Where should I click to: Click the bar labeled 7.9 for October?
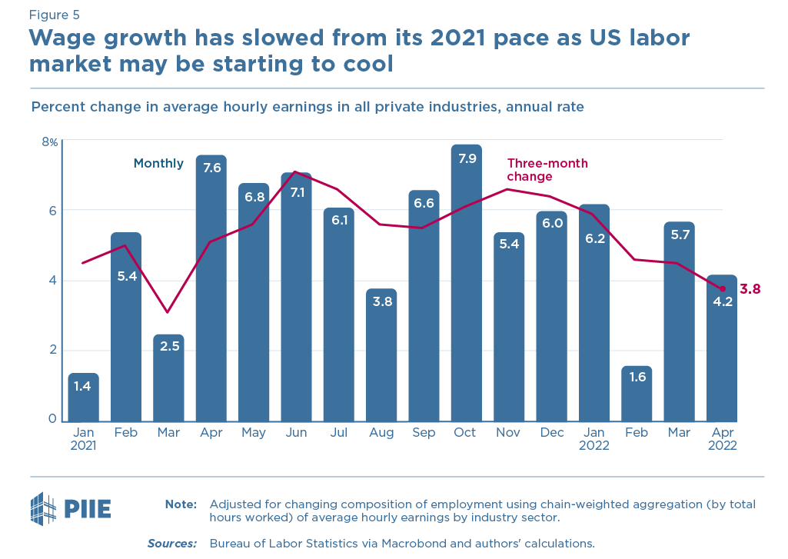point(466,284)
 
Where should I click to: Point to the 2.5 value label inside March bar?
point(168,346)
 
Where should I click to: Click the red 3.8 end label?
point(750,289)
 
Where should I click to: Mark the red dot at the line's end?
point(722,288)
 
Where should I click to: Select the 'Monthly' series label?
point(158,163)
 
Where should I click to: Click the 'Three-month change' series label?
point(547,169)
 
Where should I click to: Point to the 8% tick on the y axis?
point(50,141)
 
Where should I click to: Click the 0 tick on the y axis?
point(53,419)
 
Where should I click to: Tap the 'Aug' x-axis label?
point(381,433)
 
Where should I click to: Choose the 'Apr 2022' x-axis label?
point(722,439)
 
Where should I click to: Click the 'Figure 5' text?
point(54,15)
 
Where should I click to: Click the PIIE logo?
point(70,508)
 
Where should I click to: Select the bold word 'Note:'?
point(181,504)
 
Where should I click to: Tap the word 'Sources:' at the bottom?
point(172,543)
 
